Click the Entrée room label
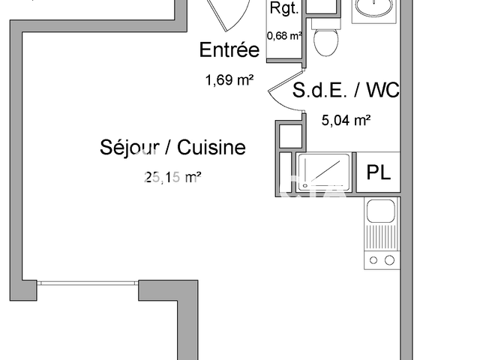229,50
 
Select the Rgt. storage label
284,9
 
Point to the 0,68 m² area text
284,34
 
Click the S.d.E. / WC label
346,91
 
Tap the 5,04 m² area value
347,120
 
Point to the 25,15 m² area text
172,178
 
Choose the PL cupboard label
378,172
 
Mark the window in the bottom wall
88,283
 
